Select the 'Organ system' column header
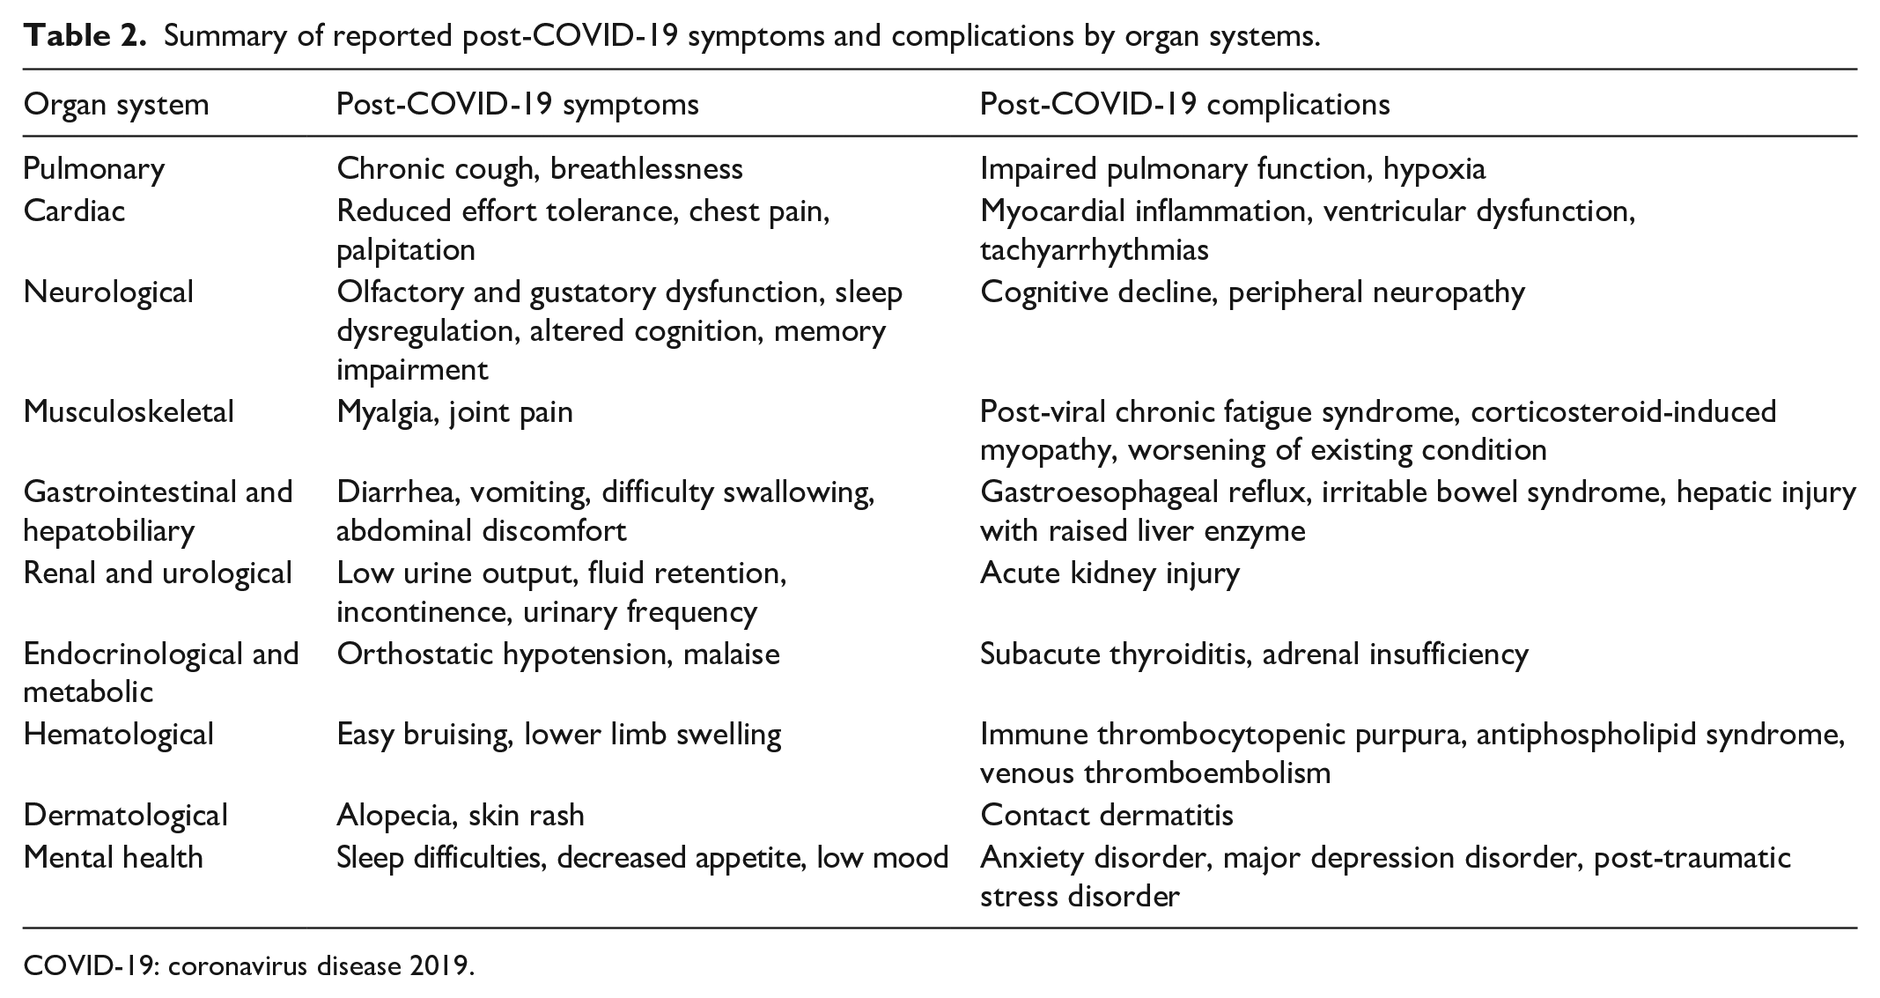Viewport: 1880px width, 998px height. click(x=116, y=105)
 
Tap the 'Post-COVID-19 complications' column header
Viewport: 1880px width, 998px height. click(x=1184, y=105)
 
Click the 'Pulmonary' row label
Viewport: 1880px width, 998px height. click(x=93, y=168)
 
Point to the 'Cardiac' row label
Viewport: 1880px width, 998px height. click(x=75, y=211)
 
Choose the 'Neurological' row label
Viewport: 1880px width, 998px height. click(x=108, y=292)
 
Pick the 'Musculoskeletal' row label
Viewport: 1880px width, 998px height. click(x=129, y=411)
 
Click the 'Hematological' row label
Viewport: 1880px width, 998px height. click(x=118, y=734)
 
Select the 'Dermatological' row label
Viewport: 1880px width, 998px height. click(x=125, y=815)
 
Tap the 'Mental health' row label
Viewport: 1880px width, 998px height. click(x=113, y=857)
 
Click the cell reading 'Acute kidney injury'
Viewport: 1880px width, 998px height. click(x=1110, y=573)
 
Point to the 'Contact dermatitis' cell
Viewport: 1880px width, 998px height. click(x=1106, y=815)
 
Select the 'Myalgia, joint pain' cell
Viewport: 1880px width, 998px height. click(x=454, y=411)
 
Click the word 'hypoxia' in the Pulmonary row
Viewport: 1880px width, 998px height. click(x=1434, y=168)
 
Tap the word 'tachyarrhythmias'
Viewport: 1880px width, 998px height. click(x=1094, y=250)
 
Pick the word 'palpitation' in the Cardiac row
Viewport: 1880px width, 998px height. click(x=406, y=250)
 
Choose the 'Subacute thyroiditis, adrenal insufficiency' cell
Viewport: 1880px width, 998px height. click(x=1254, y=654)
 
